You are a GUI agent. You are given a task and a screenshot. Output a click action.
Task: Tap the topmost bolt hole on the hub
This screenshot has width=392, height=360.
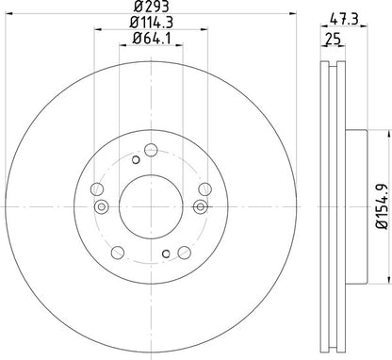tap(150, 148)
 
